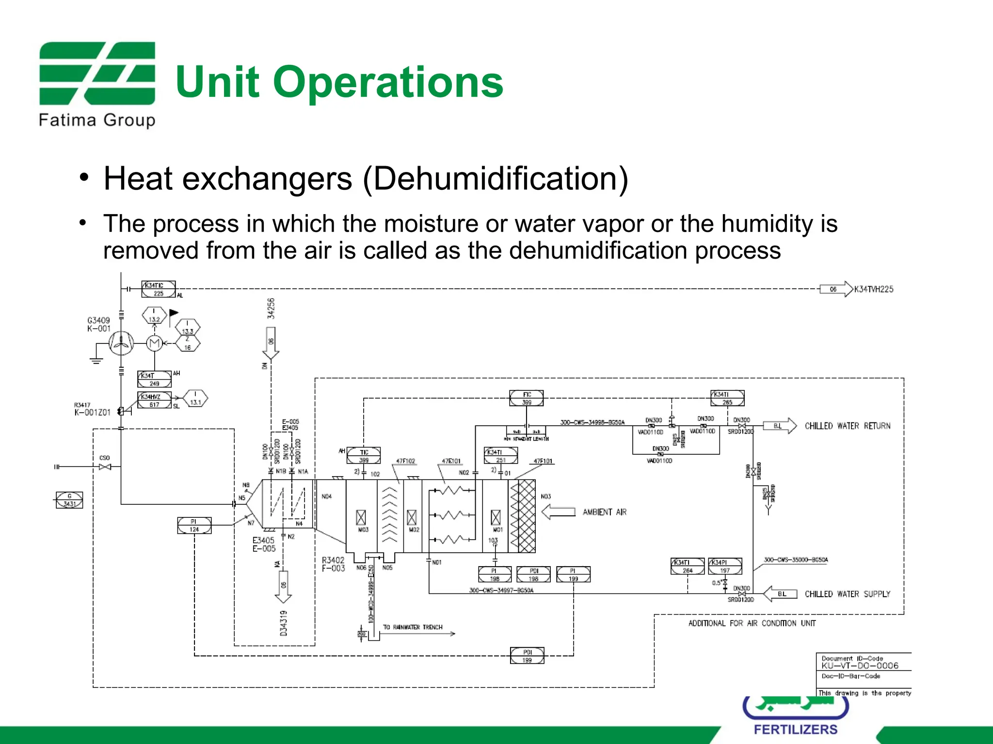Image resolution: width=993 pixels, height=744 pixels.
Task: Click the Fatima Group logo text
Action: pos(97,120)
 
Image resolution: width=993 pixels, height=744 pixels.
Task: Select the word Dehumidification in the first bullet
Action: pos(495,179)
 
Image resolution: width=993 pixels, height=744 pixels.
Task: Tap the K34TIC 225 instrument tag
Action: pos(158,289)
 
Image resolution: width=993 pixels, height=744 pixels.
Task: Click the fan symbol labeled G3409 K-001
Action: pos(121,343)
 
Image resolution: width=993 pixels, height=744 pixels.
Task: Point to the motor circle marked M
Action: pos(154,343)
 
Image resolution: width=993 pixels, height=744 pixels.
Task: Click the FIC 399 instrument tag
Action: pos(527,398)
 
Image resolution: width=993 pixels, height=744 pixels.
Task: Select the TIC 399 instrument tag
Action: pos(364,456)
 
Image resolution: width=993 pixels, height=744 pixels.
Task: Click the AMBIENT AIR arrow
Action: pos(558,512)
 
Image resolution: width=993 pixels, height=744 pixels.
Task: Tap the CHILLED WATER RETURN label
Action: pos(847,426)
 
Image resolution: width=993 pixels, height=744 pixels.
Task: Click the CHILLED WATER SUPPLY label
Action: pos(847,594)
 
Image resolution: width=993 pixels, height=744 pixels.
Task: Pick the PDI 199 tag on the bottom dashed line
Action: pos(527,656)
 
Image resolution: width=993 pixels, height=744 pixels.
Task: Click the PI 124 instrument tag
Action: pos(194,525)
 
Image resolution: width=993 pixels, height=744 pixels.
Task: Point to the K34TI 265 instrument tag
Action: pos(727,398)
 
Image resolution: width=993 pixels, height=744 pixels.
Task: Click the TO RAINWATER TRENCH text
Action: pos(413,627)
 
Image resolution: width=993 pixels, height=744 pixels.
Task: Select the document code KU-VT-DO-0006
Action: pos(860,666)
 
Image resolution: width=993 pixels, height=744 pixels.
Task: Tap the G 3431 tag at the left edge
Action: pos(69,500)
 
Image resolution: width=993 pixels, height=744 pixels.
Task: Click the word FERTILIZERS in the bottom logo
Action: pos(795,729)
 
